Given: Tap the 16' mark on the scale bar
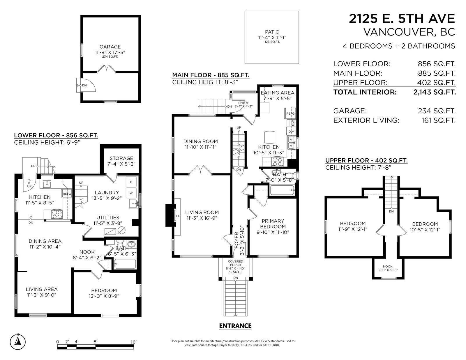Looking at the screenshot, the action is [133, 342].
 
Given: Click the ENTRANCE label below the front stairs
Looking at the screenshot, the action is [235, 326].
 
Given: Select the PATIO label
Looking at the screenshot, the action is [272, 32].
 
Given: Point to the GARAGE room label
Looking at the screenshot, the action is [110, 47].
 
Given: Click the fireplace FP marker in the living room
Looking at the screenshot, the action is [178, 216].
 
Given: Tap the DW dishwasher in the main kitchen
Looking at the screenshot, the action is [291, 132].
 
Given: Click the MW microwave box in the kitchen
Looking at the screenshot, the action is [293, 123].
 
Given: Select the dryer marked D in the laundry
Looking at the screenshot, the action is [131, 182].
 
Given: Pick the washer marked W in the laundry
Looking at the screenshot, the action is [131, 193].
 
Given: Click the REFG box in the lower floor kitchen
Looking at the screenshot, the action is [67, 194].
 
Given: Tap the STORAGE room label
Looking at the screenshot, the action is [121, 158].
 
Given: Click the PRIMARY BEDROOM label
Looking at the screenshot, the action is [273, 224].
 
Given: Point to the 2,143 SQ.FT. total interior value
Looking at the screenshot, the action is [435, 92].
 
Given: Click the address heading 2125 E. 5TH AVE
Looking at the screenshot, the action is [402, 19].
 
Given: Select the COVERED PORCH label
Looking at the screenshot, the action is [235, 263].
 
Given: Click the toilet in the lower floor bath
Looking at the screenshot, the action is [120, 244].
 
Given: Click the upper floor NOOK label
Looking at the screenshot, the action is [388, 267].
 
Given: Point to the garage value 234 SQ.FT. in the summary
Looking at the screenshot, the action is [437, 111].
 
